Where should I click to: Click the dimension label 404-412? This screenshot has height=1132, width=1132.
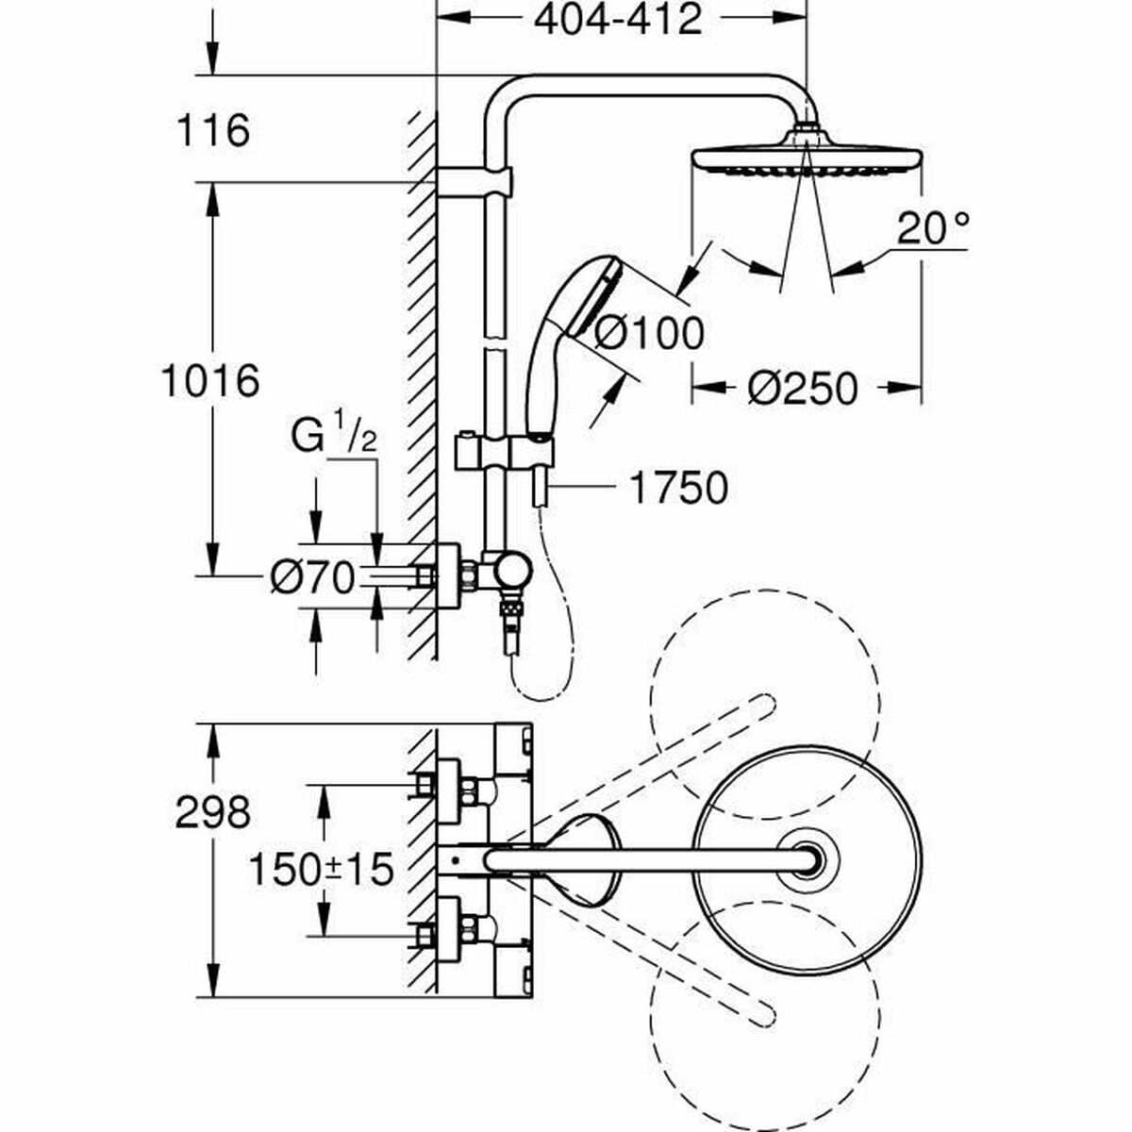pyautogui.click(x=618, y=19)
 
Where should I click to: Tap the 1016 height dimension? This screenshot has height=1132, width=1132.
pyautogui.click(x=209, y=381)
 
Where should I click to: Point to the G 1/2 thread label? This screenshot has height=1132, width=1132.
pyautogui.click(x=335, y=439)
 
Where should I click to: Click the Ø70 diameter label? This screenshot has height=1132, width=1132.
pyautogui.click(x=311, y=576)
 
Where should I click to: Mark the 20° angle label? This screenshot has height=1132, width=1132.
pyautogui.click(x=932, y=229)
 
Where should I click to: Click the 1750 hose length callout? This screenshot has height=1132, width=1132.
pyautogui.click(x=677, y=488)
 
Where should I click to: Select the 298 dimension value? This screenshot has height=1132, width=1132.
pyautogui.click(x=214, y=811)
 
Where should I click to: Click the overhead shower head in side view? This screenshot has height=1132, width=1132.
pyautogui.click(x=807, y=157)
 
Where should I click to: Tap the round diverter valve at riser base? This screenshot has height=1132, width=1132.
pyautogui.click(x=514, y=570)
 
